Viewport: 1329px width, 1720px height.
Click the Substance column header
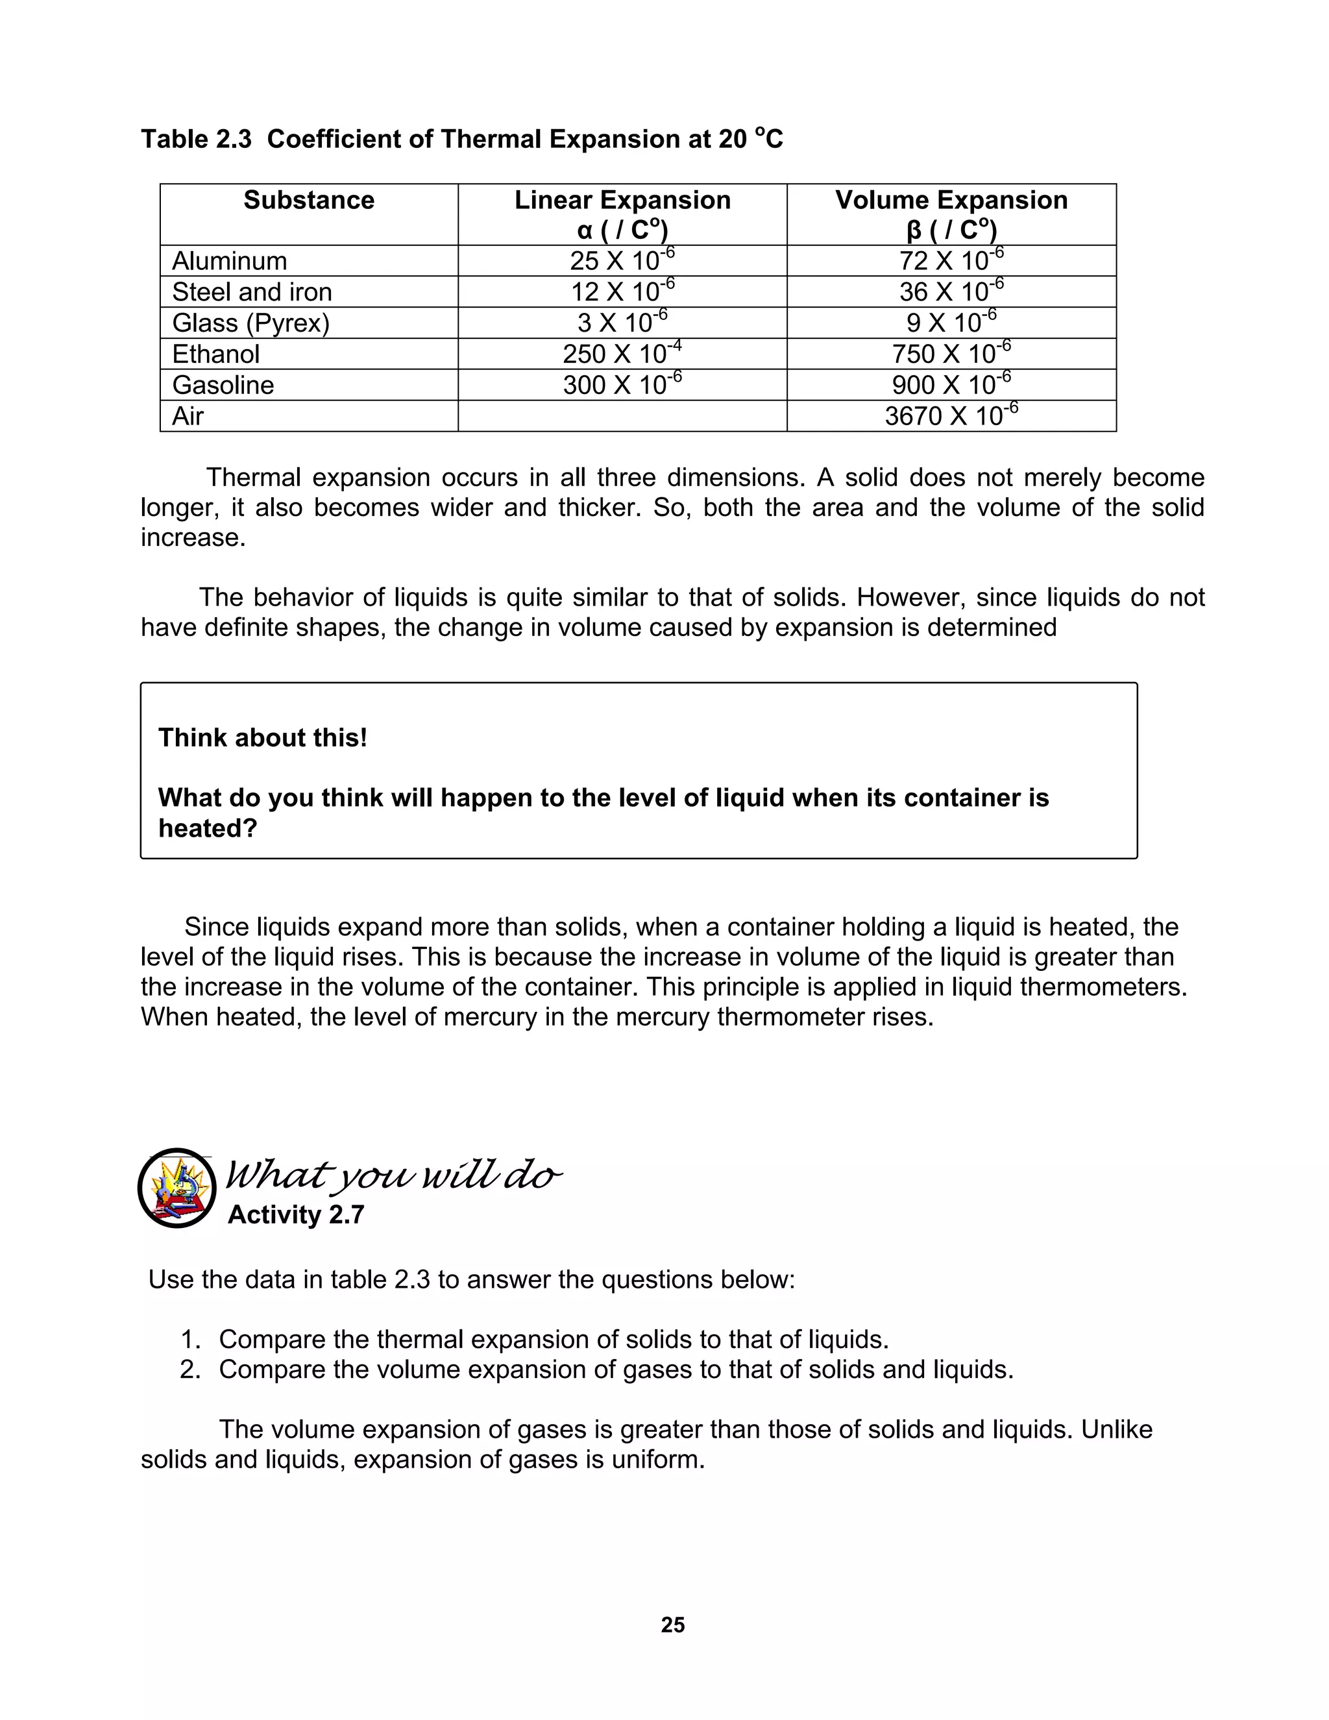[x=309, y=200]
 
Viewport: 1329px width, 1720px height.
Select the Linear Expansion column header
[x=622, y=214]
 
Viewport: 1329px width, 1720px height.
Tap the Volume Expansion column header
[x=951, y=214]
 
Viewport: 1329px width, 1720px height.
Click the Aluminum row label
[x=229, y=261]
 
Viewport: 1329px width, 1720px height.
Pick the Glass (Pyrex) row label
[x=250, y=323]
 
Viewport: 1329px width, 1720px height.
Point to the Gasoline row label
[x=223, y=385]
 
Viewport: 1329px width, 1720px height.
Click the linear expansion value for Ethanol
[x=622, y=354]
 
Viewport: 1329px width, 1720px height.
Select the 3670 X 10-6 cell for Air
[x=951, y=415]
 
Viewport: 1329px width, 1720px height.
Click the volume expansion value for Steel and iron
[x=951, y=291]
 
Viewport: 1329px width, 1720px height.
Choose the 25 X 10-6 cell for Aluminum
[x=622, y=261]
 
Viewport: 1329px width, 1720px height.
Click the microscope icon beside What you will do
[x=177, y=1188]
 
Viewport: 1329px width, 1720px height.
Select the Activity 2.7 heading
[x=295, y=1215]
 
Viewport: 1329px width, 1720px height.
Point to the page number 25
[x=672, y=1625]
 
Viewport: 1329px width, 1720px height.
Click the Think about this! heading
[x=262, y=738]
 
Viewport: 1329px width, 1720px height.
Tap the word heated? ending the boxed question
[x=207, y=828]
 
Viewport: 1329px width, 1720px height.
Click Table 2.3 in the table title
[x=196, y=140]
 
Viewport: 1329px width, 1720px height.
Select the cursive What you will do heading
[x=394, y=1177]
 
